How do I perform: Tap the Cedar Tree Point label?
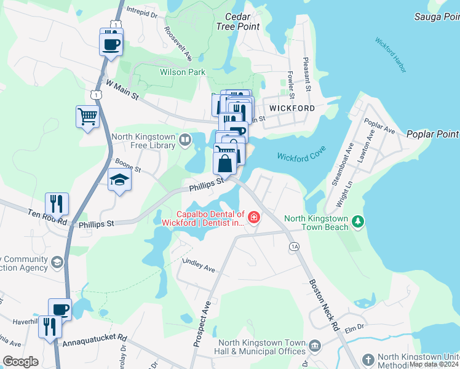238,22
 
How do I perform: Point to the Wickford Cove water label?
301,156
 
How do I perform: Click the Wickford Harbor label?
391,56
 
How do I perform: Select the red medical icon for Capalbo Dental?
253,217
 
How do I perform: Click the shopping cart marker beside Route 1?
87,115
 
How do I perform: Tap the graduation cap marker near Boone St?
119,180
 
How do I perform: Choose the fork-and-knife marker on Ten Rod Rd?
57,203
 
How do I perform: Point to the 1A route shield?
293,246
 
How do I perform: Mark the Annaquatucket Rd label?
94,338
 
